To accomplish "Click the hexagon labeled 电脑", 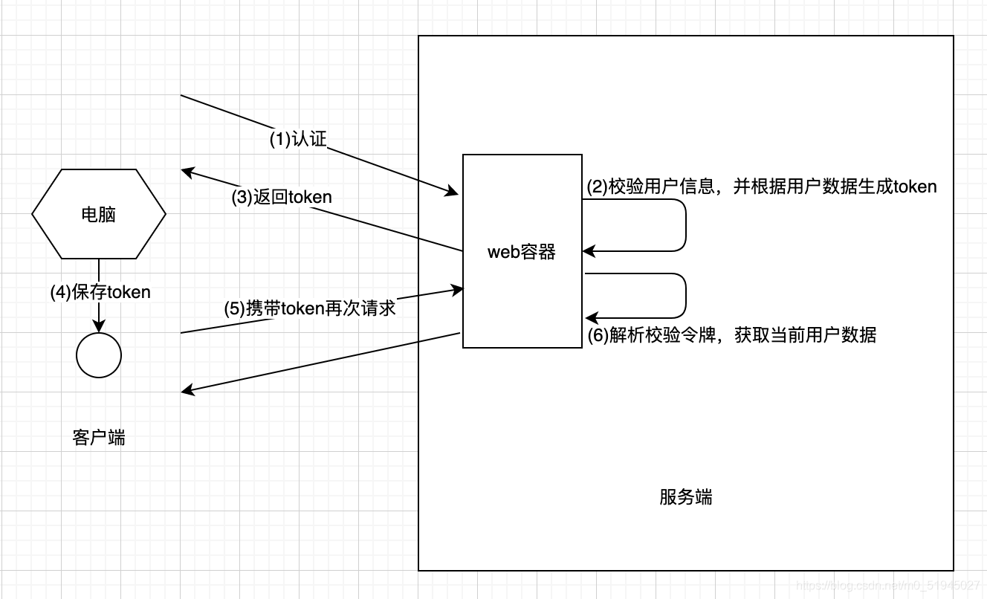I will pos(99,214).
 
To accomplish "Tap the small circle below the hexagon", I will pos(99,355).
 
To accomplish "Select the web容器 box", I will pos(522,251).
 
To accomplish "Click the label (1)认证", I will pos(298,139).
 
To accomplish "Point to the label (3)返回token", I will pos(282,197).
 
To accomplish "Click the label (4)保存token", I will pos(100,292).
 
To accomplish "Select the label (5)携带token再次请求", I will pos(310,308).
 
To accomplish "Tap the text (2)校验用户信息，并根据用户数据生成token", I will pos(762,186).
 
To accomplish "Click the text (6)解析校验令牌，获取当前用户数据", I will pos(732,335).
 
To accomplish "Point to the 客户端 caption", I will pos(99,437).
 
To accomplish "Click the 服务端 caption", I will pos(685,496).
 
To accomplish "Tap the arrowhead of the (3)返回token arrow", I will pos(187,172).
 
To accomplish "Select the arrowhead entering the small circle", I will pos(99,327).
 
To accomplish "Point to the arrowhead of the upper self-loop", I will pos(589,251).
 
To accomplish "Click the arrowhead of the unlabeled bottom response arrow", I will pos(188,392).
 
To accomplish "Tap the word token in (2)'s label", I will pos(915,186).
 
